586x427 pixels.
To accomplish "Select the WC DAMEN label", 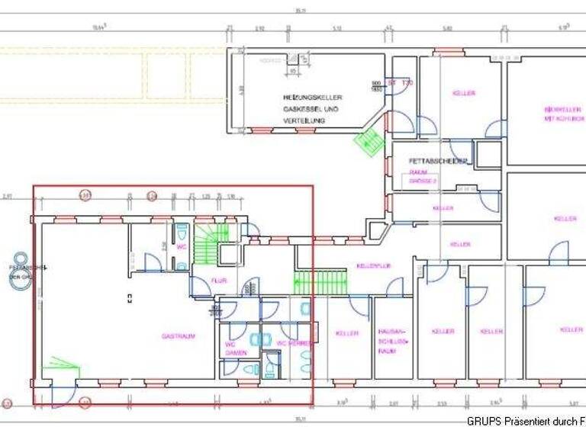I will point(235,348).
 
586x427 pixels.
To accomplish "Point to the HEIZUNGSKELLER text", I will point(312,98).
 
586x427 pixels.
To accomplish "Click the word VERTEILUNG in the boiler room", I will point(304,121).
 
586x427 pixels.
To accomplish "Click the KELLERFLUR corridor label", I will point(374,266).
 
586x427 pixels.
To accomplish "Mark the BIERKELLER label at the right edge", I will point(564,114).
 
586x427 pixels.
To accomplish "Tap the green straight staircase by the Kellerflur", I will point(321,283).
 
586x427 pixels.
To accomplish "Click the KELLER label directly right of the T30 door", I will point(464,93).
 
